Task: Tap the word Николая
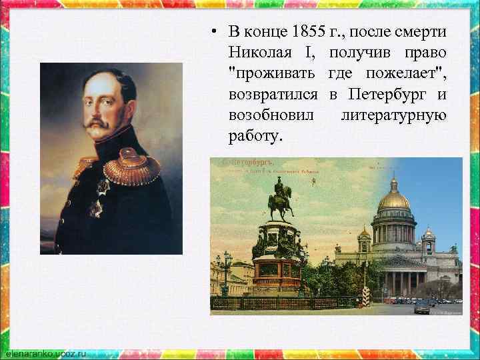[263, 51]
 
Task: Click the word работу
[255, 135]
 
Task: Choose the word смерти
[424, 32]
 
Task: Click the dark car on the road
[423, 307]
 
